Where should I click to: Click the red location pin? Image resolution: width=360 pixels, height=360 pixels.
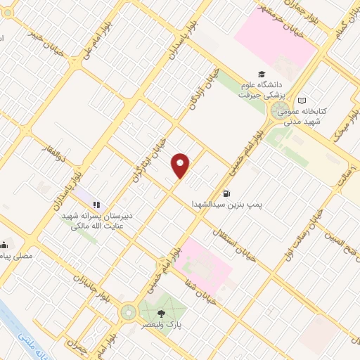click(181, 165)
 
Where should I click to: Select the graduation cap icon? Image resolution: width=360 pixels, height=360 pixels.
click(262, 74)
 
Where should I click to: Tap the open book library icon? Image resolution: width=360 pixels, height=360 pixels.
click(302, 101)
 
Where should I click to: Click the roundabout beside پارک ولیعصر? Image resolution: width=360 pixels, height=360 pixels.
click(129, 311)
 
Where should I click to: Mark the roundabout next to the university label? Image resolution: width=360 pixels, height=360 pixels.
click(275, 111)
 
